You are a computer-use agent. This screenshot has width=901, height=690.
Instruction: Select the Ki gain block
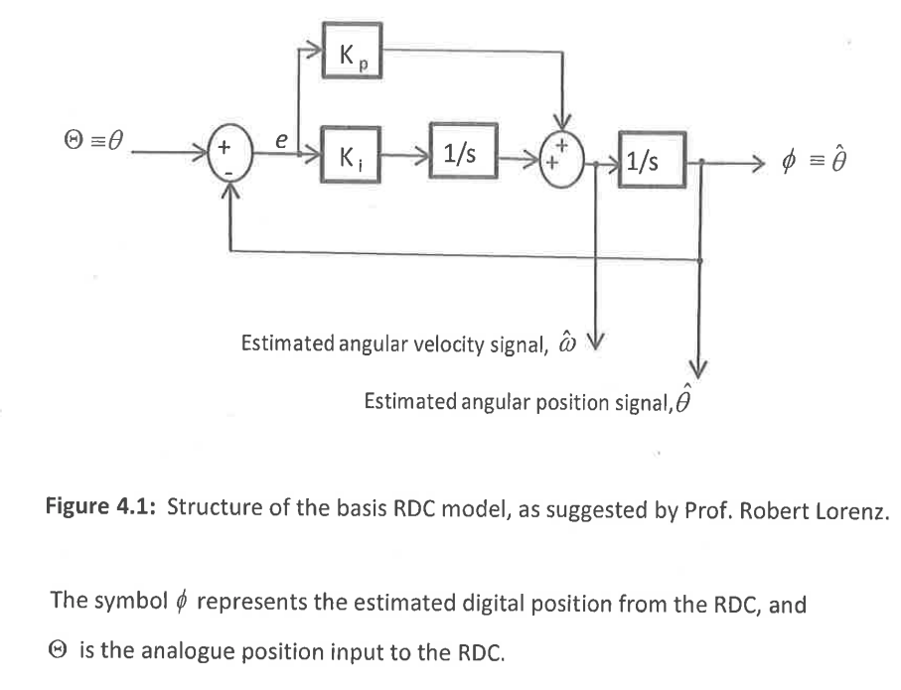[351, 155]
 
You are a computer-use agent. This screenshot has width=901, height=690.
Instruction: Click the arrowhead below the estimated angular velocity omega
[596, 341]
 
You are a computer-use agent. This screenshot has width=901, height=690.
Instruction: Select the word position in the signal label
[585, 402]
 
